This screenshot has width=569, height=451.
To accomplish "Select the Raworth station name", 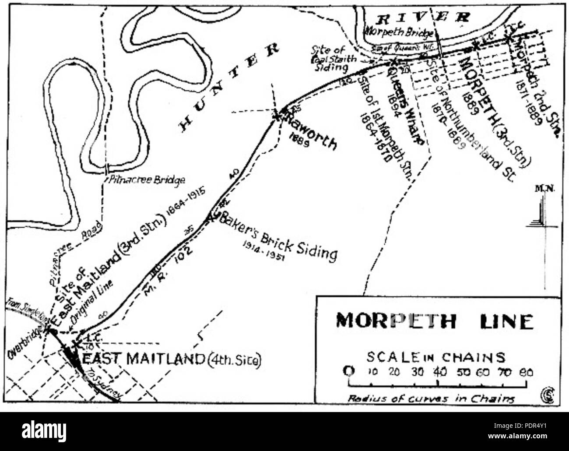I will tap(311, 134).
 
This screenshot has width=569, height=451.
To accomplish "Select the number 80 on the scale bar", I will tap(526, 373).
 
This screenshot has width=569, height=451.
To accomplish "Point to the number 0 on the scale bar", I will tap(349, 372).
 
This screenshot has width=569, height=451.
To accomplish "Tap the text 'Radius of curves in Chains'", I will tap(431, 398).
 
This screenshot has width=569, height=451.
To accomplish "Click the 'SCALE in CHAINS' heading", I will tap(436, 357).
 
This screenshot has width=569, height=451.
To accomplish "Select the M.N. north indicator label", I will tap(544, 189).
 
